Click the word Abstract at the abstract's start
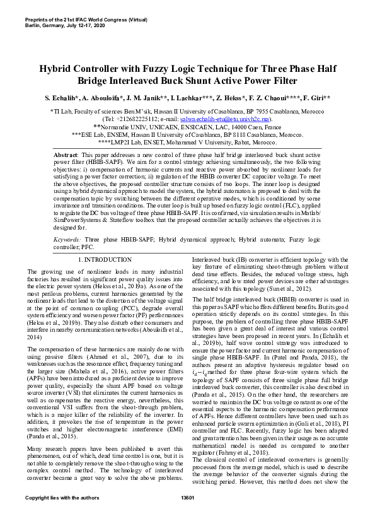(x=65, y=155)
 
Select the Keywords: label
(x=67, y=240)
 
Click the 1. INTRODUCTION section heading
(x=104, y=259)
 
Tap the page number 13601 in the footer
(x=187, y=515)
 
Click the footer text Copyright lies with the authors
(x=62, y=515)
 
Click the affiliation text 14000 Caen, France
(x=254, y=127)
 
